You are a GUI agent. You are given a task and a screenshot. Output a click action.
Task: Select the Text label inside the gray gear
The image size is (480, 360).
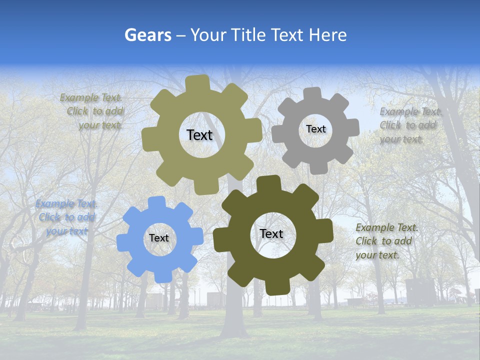click(315, 129)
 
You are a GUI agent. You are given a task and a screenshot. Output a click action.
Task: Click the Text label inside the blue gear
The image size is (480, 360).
click(159, 238)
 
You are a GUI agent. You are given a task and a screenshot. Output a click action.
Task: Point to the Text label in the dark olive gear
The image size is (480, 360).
click(271, 233)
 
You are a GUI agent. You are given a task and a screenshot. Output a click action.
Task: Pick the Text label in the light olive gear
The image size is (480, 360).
click(199, 135)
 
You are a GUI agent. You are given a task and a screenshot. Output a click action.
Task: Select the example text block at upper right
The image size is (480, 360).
click(409, 125)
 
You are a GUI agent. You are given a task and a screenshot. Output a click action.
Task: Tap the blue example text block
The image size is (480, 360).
click(65, 217)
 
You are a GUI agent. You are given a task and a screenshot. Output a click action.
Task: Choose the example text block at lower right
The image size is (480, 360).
click(385, 241)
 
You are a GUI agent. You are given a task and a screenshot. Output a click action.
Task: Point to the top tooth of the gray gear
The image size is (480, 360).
click(312, 93)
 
